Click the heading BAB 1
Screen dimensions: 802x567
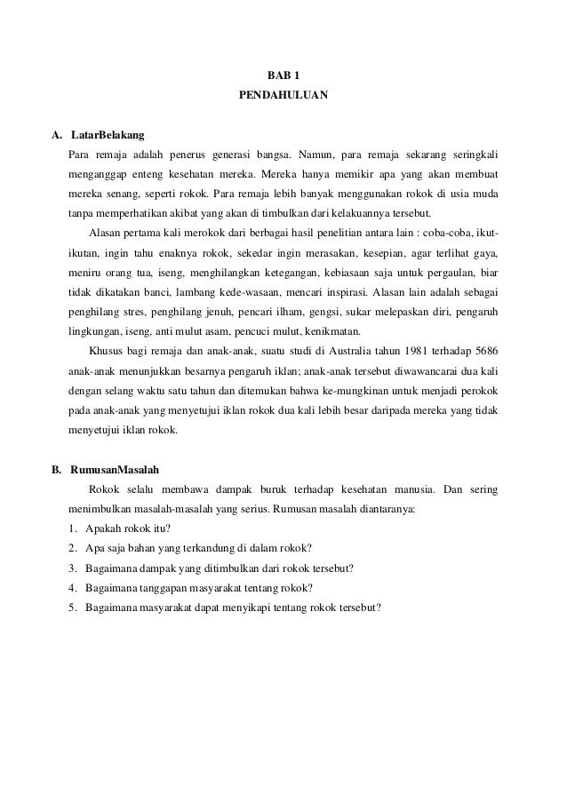click(x=283, y=72)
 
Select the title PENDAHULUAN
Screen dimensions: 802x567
click(x=283, y=92)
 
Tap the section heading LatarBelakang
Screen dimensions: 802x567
click(x=107, y=135)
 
